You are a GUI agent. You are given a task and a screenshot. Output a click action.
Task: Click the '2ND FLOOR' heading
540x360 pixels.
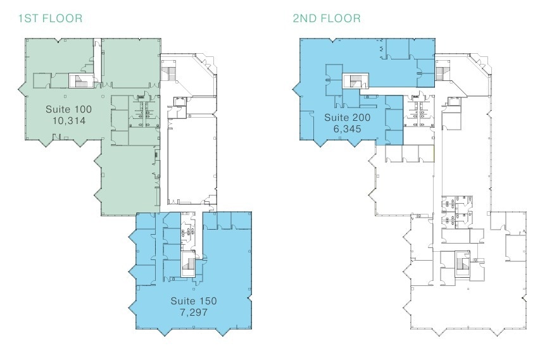(327, 18)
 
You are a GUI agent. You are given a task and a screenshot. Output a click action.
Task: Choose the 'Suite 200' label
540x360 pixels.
(347, 118)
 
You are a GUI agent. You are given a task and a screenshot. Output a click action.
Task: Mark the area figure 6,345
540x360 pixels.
(347, 129)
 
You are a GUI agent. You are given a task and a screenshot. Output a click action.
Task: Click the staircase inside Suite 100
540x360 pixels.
(80, 80)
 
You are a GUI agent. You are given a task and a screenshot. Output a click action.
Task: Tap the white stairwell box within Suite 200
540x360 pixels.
(355, 81)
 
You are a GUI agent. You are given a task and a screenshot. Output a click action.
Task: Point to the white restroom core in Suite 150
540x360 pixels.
(187, 232)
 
